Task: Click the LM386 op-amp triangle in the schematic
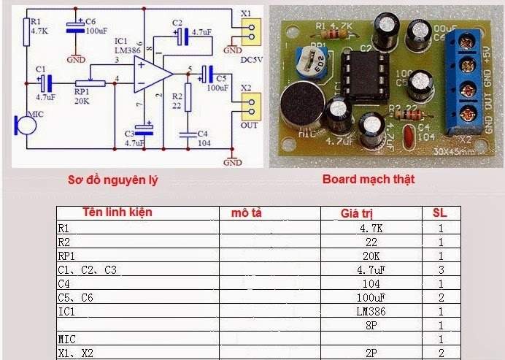pos(150,75)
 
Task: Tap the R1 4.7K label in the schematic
pos(40,26)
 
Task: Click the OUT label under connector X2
pos(250,126)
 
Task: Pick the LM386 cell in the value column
pos(371,311)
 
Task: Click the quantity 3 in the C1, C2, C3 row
pos(441,269)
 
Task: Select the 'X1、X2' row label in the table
pos(77,353)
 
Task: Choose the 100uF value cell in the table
pos(371,297)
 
